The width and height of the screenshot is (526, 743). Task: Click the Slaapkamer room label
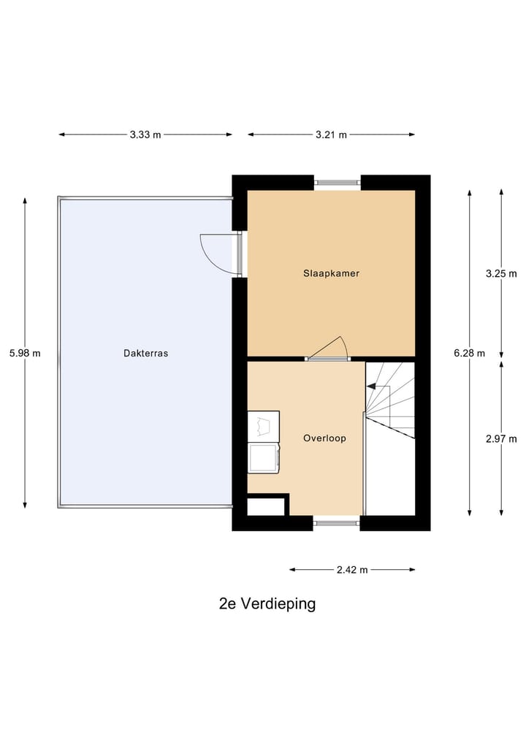point(331,273)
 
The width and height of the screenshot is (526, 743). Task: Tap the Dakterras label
point(146,353)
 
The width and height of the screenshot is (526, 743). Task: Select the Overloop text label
point(324,438)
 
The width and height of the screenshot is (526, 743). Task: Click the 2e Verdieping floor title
point(267,603)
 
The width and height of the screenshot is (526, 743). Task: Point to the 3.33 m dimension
point(145,134)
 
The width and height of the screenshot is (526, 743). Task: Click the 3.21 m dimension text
point(331,134)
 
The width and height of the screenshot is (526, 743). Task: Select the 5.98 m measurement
point(25,353)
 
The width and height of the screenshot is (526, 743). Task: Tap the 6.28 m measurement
point(469,353)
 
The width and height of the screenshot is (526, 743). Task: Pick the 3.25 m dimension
point(501,273)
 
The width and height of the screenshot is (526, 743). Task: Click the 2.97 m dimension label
point(501,438)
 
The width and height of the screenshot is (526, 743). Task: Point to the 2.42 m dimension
point(352,569)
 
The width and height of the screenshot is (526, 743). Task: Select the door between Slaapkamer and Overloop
point(329,349)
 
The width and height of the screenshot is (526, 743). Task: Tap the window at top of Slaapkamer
point(338,183)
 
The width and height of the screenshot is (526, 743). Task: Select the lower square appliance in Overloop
point(263,457)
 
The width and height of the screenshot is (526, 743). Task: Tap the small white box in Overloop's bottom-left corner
point(266,506)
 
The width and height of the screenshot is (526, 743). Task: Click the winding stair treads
point(392,399)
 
